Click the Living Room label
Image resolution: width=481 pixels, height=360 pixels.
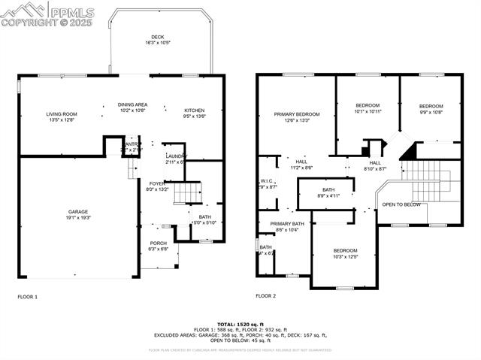62,113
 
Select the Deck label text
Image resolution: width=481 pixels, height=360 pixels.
157,37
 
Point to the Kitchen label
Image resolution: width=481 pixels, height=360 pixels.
195,110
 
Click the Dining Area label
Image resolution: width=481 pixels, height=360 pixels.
132,104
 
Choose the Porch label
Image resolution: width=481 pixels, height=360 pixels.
158,243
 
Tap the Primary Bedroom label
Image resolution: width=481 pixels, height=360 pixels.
297,114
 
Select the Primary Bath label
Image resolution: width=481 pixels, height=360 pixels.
287,224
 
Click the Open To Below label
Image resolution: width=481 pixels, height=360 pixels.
401,204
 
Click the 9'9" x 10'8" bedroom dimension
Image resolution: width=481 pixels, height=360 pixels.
431,112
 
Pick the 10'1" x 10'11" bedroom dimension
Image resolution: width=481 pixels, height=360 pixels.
368,111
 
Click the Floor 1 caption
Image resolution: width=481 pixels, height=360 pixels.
28,297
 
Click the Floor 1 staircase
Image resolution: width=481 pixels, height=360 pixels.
188,193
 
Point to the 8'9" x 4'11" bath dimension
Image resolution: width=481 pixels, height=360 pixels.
328,195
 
